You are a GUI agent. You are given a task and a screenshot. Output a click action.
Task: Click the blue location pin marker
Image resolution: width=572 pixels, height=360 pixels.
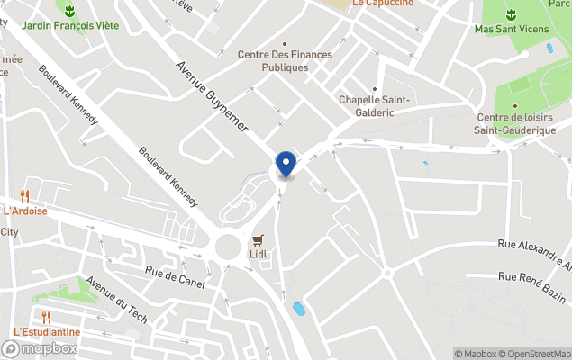tap(286, 165)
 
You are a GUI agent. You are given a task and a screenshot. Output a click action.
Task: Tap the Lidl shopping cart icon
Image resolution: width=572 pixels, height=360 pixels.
tap(259, 239)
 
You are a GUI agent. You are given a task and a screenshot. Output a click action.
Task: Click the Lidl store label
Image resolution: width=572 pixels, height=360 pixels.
tap(259, 254)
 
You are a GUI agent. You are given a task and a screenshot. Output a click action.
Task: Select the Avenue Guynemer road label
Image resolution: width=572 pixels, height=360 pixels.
tap(212, 98)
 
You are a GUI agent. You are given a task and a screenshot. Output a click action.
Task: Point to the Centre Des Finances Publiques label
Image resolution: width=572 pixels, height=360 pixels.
tap(285, 60)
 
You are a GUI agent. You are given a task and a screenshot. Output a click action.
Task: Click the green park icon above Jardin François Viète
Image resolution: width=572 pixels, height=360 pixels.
tap(69, 11)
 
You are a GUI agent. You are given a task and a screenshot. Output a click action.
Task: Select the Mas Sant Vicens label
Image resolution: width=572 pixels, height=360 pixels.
tap(511, 29)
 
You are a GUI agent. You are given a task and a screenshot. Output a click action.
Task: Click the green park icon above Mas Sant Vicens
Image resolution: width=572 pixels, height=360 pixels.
tap(511, 13)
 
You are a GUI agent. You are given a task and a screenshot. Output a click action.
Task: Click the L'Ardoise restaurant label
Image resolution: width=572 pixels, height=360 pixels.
tap(25, 211)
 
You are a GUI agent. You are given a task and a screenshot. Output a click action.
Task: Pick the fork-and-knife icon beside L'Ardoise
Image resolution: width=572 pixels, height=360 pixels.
tap(24, 196)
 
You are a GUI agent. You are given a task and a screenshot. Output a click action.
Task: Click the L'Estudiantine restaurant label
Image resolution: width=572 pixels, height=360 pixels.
tap(47, 331)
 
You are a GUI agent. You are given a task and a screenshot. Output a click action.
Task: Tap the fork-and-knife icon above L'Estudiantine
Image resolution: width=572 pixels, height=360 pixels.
tap(46, 316)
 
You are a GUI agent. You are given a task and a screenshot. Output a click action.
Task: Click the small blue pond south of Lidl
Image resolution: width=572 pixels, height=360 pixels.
tap(298, 310)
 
